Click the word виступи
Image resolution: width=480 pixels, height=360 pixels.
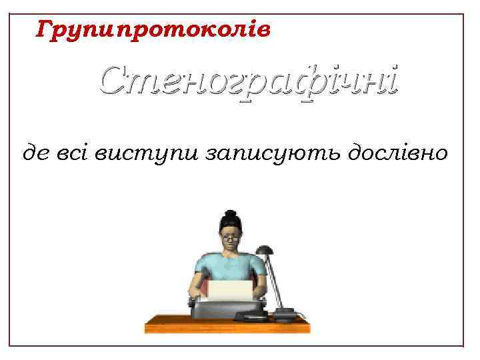(x=139, y=155)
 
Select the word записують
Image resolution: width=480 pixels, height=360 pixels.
(x=253, y=155)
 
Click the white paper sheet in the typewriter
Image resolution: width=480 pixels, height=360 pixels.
(x=231, y=290)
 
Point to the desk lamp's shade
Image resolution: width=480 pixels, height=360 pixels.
(x=265, y=253)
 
